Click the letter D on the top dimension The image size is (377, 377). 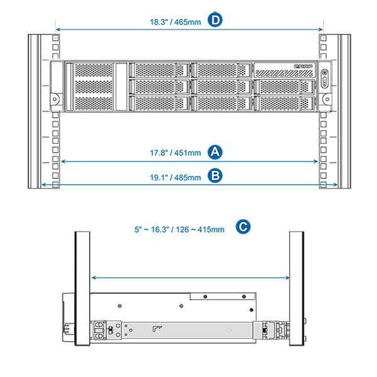tap(216, 21)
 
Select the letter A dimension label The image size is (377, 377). tap(216, 151)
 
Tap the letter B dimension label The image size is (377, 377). tap(216, 176)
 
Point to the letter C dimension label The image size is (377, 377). tap(244, 227)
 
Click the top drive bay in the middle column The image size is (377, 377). tap(222, 69)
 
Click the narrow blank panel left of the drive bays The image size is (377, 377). tap(121, 86)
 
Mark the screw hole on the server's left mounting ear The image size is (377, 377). tap(55, 97)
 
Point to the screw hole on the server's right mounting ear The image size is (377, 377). tap(325, 97)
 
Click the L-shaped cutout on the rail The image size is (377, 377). tap(157, 328)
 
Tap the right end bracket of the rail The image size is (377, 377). tap(275, 331)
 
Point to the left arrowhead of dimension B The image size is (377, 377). tap(46, 183)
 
